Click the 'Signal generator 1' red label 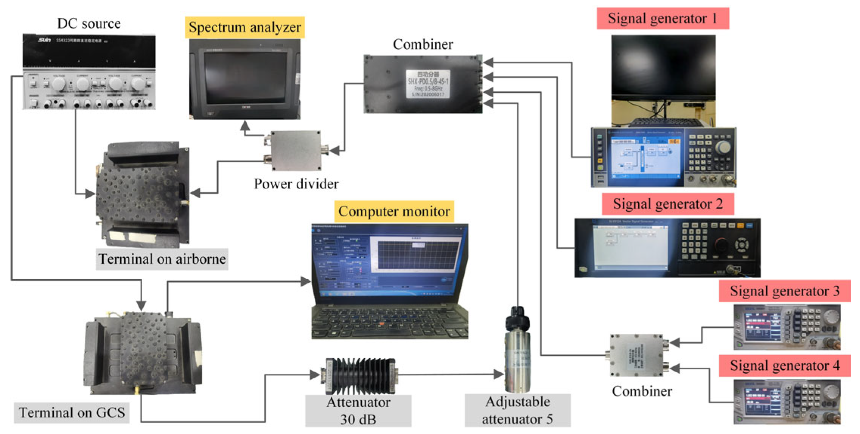(662, 19)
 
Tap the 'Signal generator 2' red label (667, 204)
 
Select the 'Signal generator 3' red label (784, 291)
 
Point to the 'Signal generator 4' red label (784, 366)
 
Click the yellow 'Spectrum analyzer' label (244, 27)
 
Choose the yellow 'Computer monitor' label (394, 211)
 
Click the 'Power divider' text (296, 184)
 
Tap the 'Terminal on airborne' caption (162, 259)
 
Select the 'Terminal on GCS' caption (72, 412)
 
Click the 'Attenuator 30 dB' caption (358, 411)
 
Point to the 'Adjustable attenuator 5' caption (517, 411)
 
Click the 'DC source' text (89, 23)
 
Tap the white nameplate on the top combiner (428, 84)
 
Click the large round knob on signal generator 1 (723, 147)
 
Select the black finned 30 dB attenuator (359, 376)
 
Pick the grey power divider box (295, 151)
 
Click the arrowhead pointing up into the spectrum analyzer (245, 125)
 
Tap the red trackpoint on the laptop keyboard (383, 324)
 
